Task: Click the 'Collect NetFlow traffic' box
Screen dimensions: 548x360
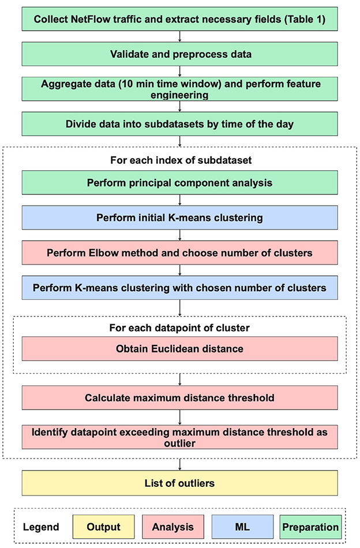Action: pos(179,19)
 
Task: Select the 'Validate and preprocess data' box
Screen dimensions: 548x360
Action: pos(179,55)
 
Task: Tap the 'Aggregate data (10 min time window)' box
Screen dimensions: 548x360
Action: pos(179,88)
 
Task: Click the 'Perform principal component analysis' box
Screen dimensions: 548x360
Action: pos(179,183)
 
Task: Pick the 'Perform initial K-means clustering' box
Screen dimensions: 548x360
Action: pos(179,219)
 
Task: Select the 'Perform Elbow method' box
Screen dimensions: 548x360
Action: pos(179,253)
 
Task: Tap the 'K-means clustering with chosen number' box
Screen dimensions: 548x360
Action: pos(179,287)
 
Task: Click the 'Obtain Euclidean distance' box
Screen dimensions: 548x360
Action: pos(179,348)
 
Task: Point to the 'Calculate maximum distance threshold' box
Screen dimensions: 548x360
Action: pos(179,398)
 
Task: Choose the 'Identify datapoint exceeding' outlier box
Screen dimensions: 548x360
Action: pos(179,437)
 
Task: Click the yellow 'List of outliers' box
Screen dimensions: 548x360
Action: pos(179,483)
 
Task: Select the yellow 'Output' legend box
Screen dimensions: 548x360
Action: pos(103,526)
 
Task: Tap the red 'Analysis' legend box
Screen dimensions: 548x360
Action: pos(172,526)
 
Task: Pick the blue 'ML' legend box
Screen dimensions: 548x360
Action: pos(242,526)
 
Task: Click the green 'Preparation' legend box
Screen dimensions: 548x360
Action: pos(311,526)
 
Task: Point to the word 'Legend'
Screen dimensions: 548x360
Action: pos(42,527)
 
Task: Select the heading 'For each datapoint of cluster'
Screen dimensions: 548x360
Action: pos(179,328)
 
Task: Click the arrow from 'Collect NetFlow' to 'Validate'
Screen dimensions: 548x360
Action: pos(180,37)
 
